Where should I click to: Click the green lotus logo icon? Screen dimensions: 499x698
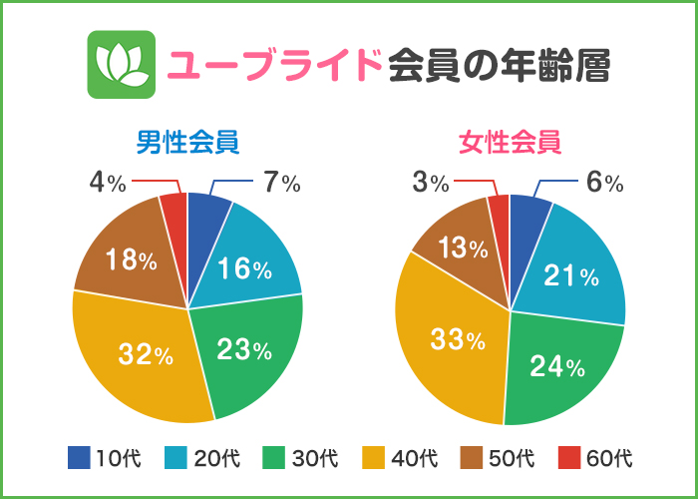pyautogui.click(x=122, y=65)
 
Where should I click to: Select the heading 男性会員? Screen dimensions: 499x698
pyautogui.click(x=187, y=142)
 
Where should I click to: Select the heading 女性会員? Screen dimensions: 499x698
pyautogui.click(x=510, y=142)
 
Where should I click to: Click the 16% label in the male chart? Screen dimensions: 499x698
pyautogui.click(x=245, y=268)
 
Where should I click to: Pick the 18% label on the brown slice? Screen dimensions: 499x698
pyautogui.click(x=130, y=260)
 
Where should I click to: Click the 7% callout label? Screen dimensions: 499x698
pyautogui.click(x=281, y=183)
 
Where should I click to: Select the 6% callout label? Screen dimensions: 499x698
pyautogui.click(x=604, y=183)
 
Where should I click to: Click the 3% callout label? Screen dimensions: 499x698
pyautogui.click(x=431, y=183)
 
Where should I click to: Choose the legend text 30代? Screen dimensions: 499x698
pyautogui.click(x=315, y=459)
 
